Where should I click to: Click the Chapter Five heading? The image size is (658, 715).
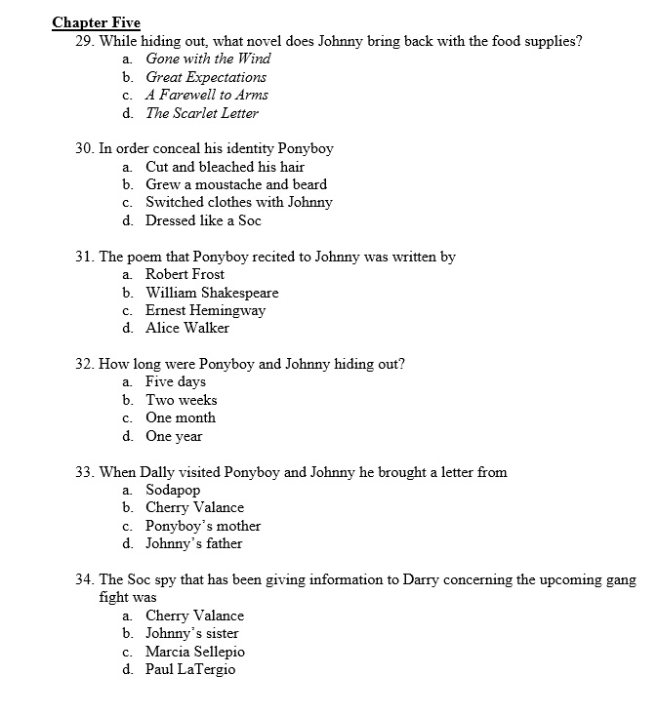pyautogui.click(x=96, y=22)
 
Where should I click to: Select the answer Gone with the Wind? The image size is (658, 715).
pyautogui.click(x=208, y=59)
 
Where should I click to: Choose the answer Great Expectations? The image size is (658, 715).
pyautogui.click(x=206, y=77)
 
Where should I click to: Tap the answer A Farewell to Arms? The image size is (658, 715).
pyautogui.click(x=207, y=95)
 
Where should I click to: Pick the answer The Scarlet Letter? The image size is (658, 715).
pyautogui.click(x=202, y=113)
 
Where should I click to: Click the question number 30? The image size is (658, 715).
pyautogui.click(x=84, y=148)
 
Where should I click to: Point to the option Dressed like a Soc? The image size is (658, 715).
pyautogui.click(x=203, y=220)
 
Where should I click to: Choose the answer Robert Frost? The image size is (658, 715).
pyautogui.click(x=185, y=274)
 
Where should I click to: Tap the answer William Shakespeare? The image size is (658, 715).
pyautogui.click(x=212, y=293)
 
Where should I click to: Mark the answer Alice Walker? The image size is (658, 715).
pyautogui.click(x=187, y=328)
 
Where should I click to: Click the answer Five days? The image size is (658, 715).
pyautogui.click(x=176, y=381)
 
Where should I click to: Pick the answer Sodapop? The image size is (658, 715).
pyautogui.click(x=173, y=490)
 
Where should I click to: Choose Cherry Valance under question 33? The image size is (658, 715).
pyautogui.click(x=194, y=507)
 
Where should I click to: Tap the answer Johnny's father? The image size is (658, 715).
pyautogui.click(x=193, y=543)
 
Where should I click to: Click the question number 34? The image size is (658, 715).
pyautogui.click(x=84, y=579)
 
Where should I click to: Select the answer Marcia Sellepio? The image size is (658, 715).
pyautogui.click(x=195, y=652)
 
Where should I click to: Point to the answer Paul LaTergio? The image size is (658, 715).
pyautogui.click(x=190, y=669)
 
